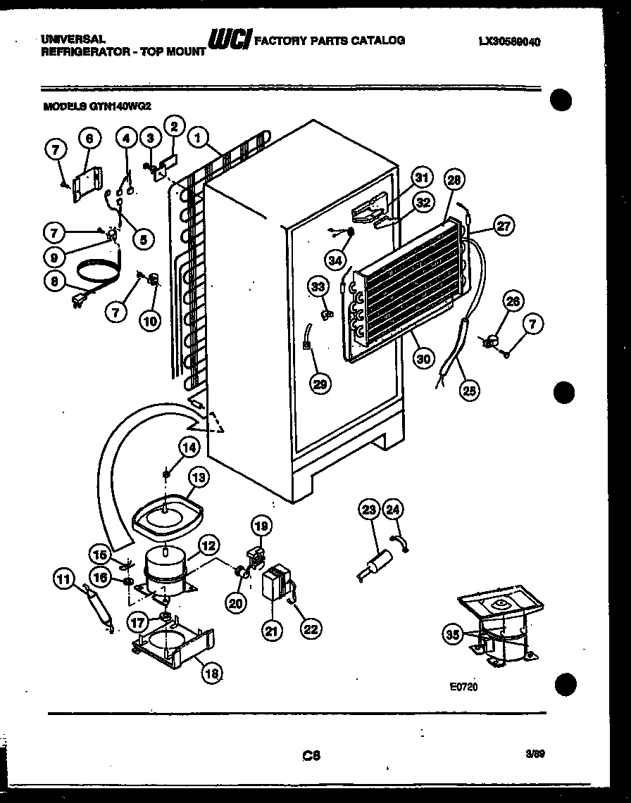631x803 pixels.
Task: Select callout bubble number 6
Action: [x=89, y=139]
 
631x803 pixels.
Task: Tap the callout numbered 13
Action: [x=199, y=478]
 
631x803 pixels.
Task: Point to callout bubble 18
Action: [x=211, y=673]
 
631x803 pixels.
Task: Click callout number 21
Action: [x=271, y=631]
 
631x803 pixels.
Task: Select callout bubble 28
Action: [x=454, y=180]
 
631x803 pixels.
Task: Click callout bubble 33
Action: [x=318, y=286]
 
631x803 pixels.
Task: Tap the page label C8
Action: [x=311, y=756]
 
